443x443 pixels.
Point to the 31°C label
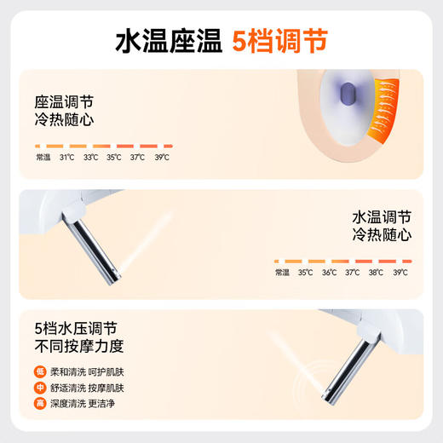tap(66, 157)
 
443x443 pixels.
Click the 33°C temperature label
tap(90, 157)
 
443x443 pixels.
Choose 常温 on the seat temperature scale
tap(43, 157)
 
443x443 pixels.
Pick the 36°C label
tap(329, 273)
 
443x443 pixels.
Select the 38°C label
tap(376, 273)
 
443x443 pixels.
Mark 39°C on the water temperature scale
tap(400, 273)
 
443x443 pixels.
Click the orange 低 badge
tap(39, 371)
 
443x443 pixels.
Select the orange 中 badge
tap(39, 387)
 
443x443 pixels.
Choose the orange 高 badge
tap(39, 403)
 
